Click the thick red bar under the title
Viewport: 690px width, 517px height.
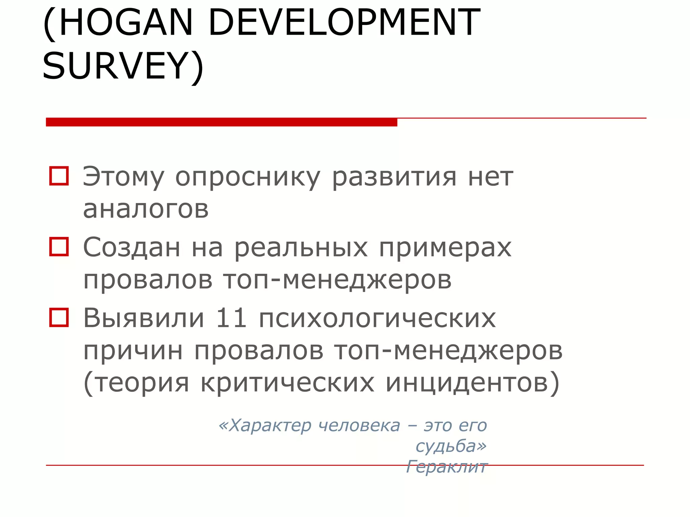[221, 122]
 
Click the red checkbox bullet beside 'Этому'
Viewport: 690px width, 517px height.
[59, 176]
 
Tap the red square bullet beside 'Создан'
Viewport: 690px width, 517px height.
[59, 247]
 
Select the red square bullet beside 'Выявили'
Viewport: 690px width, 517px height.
[59, 317]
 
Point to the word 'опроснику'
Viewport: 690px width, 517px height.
[248, 177]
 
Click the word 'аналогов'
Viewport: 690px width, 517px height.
[146, 209]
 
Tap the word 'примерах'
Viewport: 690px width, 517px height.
[445, 248]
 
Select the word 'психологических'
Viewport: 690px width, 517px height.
[377, 318]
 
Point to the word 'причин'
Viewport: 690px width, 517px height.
[133, 351]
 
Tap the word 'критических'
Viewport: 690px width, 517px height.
[287, 383]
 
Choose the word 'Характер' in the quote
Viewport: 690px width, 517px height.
[269, 426]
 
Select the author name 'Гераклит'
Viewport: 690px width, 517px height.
[446, 467]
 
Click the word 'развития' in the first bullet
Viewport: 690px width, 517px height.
[394, 177]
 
